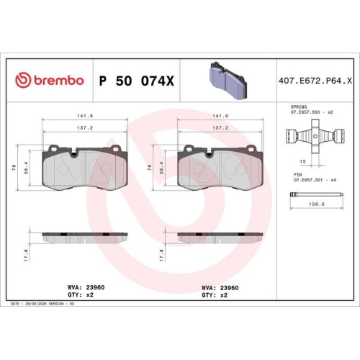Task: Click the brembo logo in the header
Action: (50, 81)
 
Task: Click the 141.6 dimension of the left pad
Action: (85, 114)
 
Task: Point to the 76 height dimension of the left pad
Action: (16, 167)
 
